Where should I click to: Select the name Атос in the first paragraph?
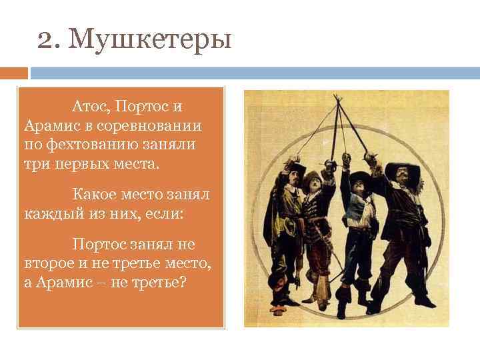click(89, 107)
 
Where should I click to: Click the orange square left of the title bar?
click(14, 73)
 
